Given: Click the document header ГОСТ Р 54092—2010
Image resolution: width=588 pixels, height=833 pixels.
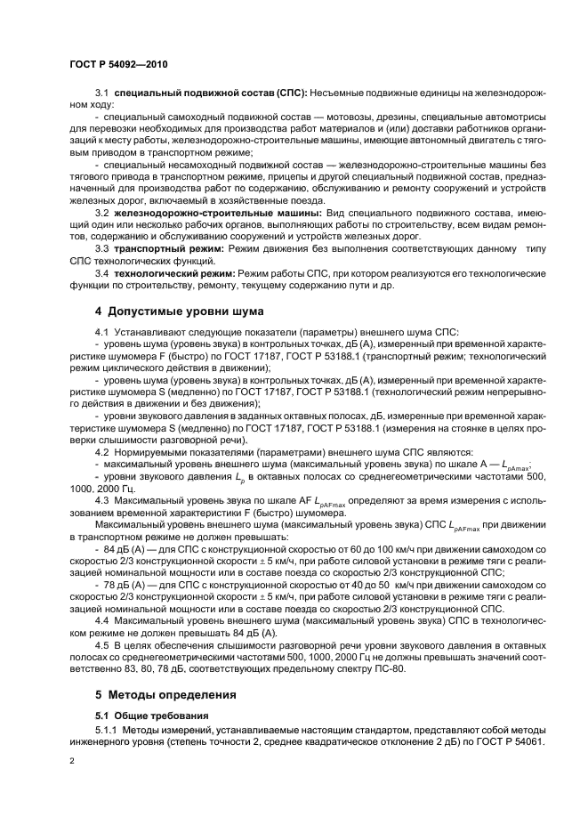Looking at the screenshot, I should [x=117, y=65].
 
